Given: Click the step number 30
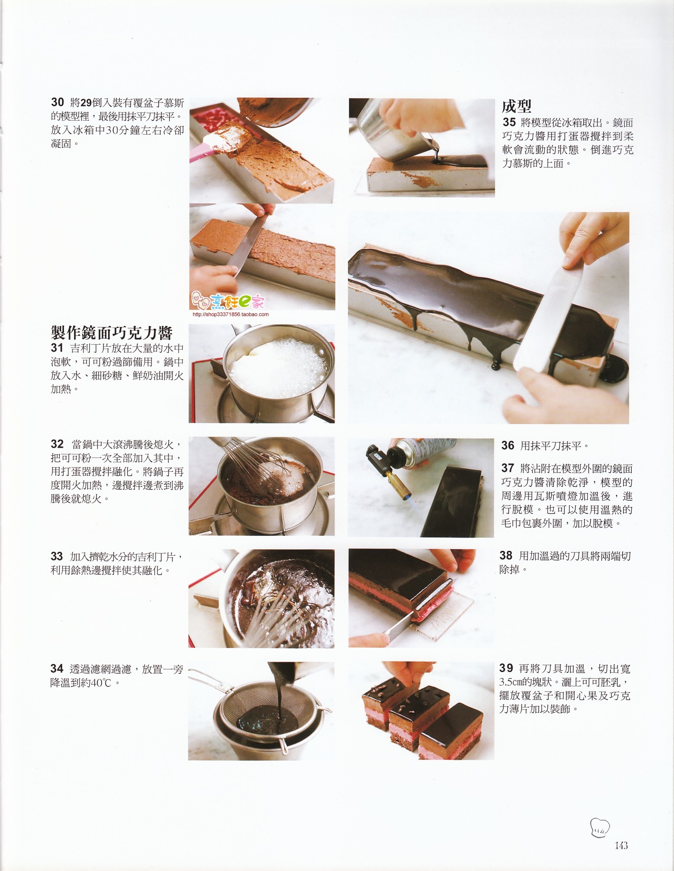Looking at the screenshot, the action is point(57,102).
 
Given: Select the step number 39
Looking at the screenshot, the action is point(506,668).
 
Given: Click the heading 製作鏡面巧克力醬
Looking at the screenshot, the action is point(112,333).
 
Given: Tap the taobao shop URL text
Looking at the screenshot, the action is point(230,314).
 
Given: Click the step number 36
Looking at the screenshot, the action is point(508,445).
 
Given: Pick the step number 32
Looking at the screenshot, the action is point(57,444).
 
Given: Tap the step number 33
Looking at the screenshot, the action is point(57,556).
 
